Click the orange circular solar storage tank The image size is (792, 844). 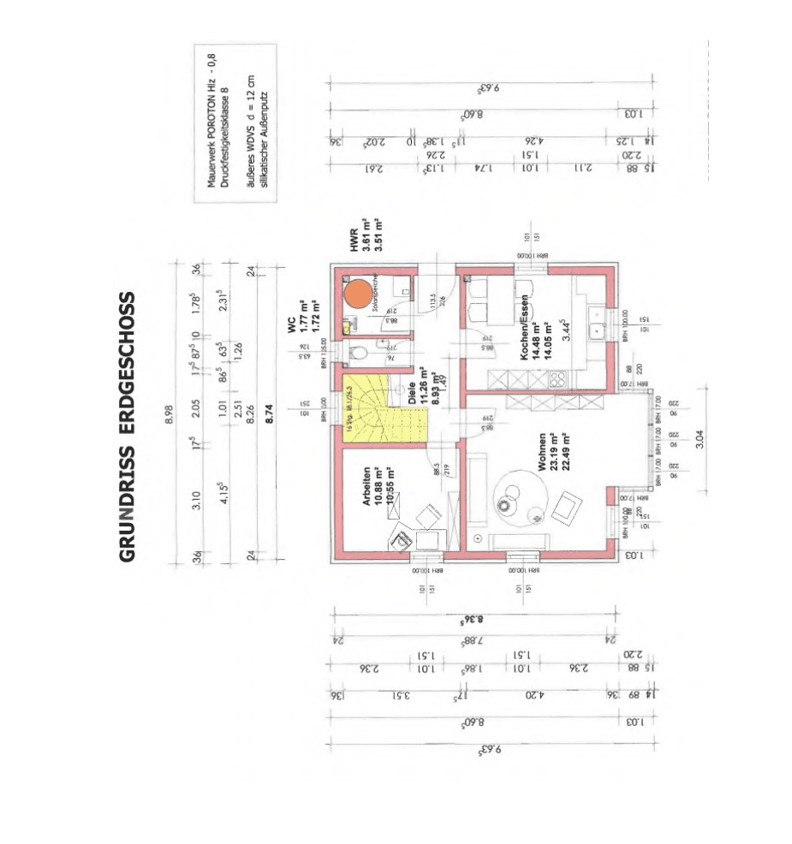[358, 293]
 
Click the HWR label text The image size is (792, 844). [353, 242]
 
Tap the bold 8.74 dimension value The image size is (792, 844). [252, 412]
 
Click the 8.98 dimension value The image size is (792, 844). [169, 412]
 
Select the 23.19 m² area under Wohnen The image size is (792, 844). [553, 452]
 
